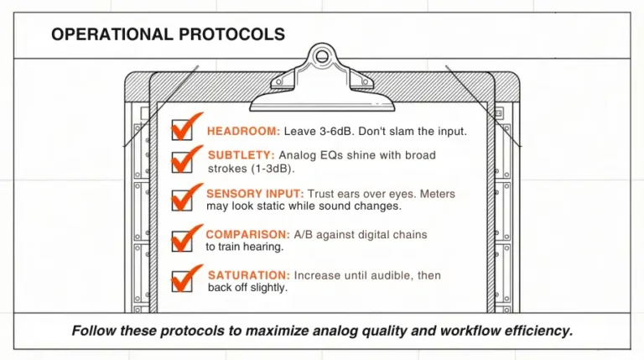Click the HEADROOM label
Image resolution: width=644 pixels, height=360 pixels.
coord(243,132)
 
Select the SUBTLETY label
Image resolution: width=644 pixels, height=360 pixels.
coord(241,155)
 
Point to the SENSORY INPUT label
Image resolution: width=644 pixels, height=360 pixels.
coord(255,194)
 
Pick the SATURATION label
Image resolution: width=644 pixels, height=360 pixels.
coord(249,275)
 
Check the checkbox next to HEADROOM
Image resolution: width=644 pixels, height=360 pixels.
coord(181,130)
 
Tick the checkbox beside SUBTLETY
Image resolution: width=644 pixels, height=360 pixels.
coord(181,161)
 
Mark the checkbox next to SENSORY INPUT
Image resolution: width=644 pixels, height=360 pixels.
coord(181,201)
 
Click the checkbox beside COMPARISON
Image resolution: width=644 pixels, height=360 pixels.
coord(181,241)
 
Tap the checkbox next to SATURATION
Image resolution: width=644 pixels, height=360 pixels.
coord(181,281)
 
